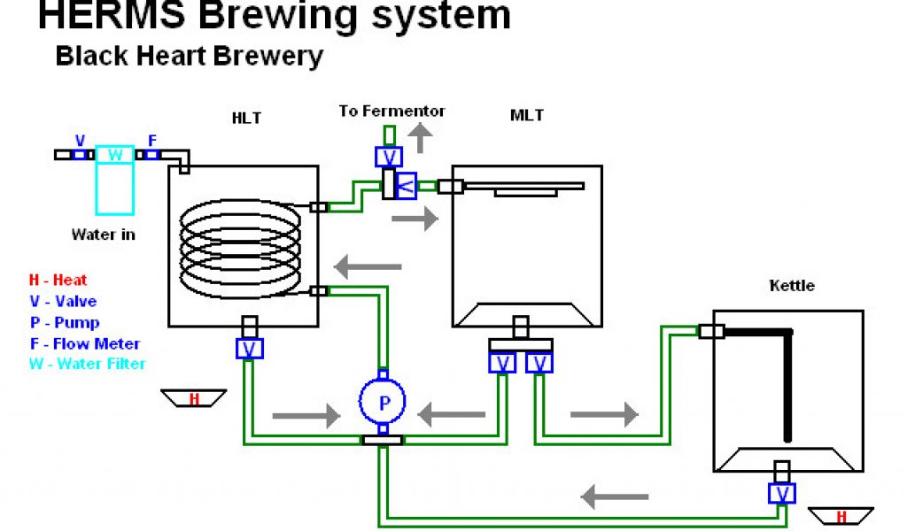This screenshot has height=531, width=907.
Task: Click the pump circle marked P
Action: (383, 402)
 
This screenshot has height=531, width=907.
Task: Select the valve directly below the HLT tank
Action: (250, 349)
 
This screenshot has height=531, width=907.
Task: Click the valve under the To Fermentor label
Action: (389, 157)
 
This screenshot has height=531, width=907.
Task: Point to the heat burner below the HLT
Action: (194, 398)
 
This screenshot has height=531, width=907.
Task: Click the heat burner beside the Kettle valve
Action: (841, 516)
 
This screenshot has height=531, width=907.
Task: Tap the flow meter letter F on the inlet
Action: (152, 141)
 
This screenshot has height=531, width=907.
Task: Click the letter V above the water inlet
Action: (81, 141)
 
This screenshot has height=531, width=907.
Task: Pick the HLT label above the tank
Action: (246, 118)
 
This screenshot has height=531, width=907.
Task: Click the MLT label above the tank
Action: (526, 116)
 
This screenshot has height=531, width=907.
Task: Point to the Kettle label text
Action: (792, 286)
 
